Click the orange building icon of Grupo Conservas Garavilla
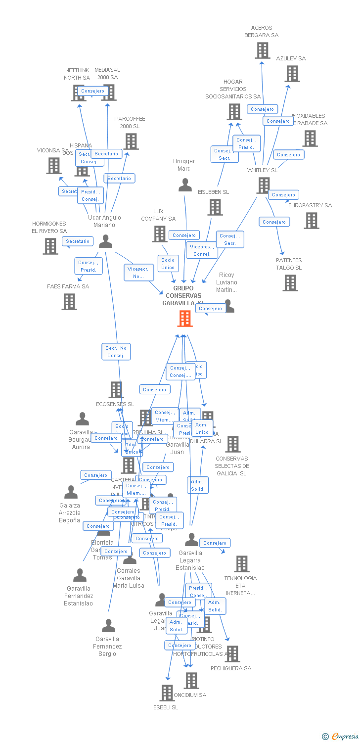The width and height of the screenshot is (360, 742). (x=184, y=319)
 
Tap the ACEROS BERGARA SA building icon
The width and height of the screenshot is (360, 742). (x=262, y=50)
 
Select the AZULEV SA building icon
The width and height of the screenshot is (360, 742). (x=292, y=74)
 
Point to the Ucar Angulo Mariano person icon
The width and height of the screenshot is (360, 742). (x=105, y=241)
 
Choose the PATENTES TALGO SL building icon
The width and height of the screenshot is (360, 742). (x=290, y=283)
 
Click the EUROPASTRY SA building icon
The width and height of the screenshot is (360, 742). (x=311, y=221)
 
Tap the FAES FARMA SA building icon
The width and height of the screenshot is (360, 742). (x=69, y=301)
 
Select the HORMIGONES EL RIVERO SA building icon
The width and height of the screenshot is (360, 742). (x=50, y=246)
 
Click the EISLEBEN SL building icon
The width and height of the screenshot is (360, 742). (x=215, y=207)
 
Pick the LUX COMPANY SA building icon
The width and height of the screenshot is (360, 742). (x=159, y=234)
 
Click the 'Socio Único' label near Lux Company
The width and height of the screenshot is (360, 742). (x=168, y=264)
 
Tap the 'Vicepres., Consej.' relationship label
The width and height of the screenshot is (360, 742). (x=202, y=250)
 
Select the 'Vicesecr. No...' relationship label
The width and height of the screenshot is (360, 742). (x=138, y=273)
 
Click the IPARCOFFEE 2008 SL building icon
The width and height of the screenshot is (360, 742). (x=131, y=141)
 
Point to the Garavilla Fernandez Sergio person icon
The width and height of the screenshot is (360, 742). (x=108, y=626)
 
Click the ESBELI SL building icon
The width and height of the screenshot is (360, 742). (x=167, y=693)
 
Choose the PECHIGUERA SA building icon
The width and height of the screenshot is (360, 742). (x=231, y=654)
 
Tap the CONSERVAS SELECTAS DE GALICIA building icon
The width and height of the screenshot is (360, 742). (x=232, y=444)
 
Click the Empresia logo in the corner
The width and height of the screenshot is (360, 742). (x=341, y=737)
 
